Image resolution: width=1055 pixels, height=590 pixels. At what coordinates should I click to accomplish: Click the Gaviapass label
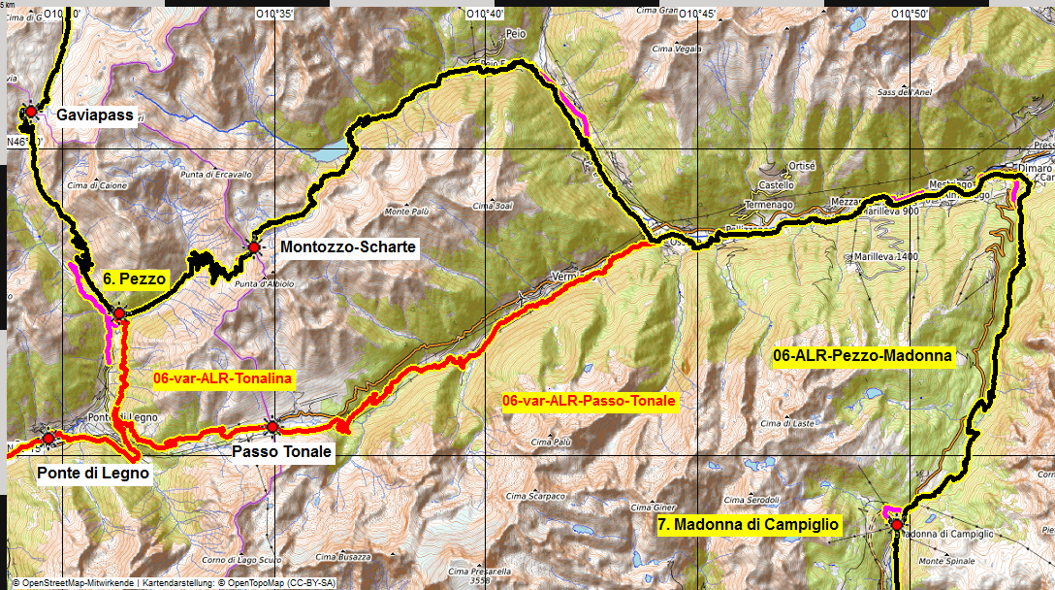pyautogui.click(x=95, y=115)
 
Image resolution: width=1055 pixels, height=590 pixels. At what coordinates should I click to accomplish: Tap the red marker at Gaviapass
pyautogui.click(x=31, y=113)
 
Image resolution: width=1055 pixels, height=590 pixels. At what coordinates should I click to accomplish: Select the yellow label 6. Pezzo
pyautogui.click(x=136, y=279)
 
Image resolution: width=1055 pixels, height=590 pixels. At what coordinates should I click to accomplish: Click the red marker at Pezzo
pyautogui.click(x=118, y=313)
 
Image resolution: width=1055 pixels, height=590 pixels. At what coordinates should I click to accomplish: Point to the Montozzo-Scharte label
pyautogui.click(x=348, y=247)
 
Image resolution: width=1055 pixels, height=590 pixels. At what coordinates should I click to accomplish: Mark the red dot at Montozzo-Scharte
pyautogui.click(x=253, y=247)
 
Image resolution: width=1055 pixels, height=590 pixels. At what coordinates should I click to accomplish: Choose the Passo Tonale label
pyautogui.click(x=282, y=452)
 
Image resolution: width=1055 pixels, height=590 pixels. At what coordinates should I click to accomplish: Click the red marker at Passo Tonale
pyautogui.click(x=272, y=427)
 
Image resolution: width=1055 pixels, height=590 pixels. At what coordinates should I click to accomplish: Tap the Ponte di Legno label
pyautogui.click(x=93, y=474)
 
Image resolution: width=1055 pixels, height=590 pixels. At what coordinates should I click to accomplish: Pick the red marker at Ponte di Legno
pyautogui.click(x=48, y=439)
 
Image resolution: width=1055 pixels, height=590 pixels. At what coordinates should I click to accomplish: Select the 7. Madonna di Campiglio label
pyautogui.click(x=749, y=525)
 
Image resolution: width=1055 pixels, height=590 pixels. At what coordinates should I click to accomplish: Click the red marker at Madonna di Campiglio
pyautogui.click(x=897, y=525)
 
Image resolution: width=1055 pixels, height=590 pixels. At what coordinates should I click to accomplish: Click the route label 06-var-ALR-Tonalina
pyautogui.click(x=223, y=378)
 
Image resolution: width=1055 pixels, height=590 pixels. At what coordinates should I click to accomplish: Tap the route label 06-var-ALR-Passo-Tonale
pyautogui.click(x=590, y=400)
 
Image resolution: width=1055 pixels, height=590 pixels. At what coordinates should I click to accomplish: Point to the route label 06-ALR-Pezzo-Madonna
pyautogui.click(x=864, y=357)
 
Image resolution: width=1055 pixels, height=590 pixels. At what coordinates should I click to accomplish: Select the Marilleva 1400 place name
pyautogui.click(x=881, y=256)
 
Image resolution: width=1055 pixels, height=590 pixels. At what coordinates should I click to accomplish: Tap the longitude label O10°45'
pyautogui.click(x=696, y=14)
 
